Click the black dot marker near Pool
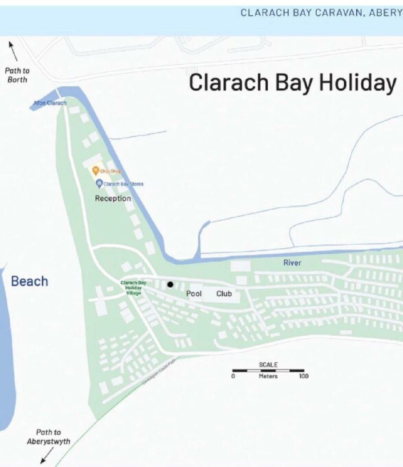pos(170,285)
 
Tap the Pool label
pos(194,294)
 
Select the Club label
pos(224,294)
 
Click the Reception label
pos(113,198)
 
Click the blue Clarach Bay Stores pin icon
pos(99,183)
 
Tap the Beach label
pos(30,281)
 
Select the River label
pos(292,263)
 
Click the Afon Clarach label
pos(50,103)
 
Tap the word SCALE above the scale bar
pos(268,364)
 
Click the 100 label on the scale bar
pos(304,376)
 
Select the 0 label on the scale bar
pos(233,376)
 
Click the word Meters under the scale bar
pos(268,376)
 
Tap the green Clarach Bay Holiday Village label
pos(133,288)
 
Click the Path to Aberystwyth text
pos(48,437)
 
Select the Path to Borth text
pos(17,75)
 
